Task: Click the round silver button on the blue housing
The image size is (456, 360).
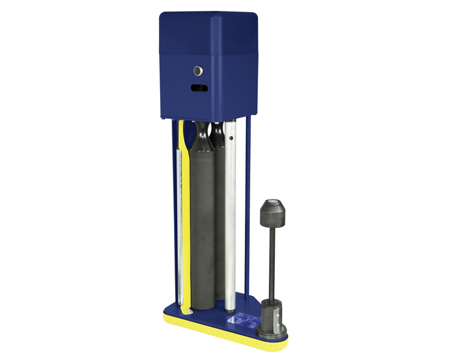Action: (198, 71)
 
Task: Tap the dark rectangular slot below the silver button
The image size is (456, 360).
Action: (199, 88)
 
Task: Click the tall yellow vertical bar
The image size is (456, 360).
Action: (185, 210)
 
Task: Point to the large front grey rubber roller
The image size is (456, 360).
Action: (203, 228)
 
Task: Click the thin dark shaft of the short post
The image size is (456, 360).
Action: (273, 264)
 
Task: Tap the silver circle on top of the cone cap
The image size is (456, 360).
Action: (274, 202)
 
